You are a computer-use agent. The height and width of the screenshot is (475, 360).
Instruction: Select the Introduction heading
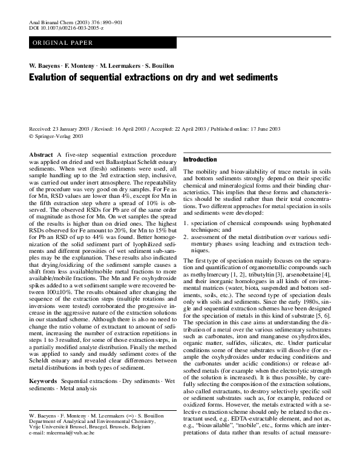point(200,159)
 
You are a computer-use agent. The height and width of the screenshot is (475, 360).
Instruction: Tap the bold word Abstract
point(41,156)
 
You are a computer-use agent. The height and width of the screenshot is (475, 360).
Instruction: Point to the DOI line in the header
point(66,28)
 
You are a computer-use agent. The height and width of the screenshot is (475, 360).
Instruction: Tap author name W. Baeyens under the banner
point(44,65)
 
